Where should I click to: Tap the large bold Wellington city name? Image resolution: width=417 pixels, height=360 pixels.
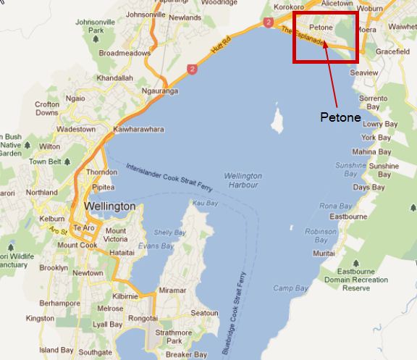109,206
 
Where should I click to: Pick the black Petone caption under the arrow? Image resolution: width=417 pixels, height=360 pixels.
340,117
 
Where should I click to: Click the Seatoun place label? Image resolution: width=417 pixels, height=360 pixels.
203,313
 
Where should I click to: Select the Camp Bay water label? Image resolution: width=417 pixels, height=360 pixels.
290,288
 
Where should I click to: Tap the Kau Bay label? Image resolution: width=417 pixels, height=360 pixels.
206,204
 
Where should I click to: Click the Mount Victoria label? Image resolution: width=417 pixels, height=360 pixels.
115,235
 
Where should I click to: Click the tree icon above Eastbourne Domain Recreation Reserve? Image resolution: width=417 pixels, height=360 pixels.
355,261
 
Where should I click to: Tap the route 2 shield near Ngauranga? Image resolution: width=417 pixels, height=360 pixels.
191,69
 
